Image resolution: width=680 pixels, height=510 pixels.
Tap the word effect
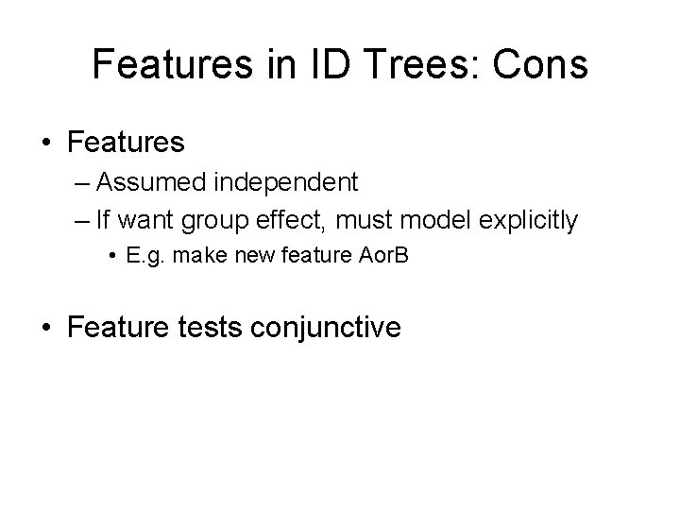pyautogui.click(x=282, y=221)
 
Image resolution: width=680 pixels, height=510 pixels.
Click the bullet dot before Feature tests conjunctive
pyautogui.click(x=46, y=329)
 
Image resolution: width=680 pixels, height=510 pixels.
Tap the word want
pyautogui.click(x=151, y=221)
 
